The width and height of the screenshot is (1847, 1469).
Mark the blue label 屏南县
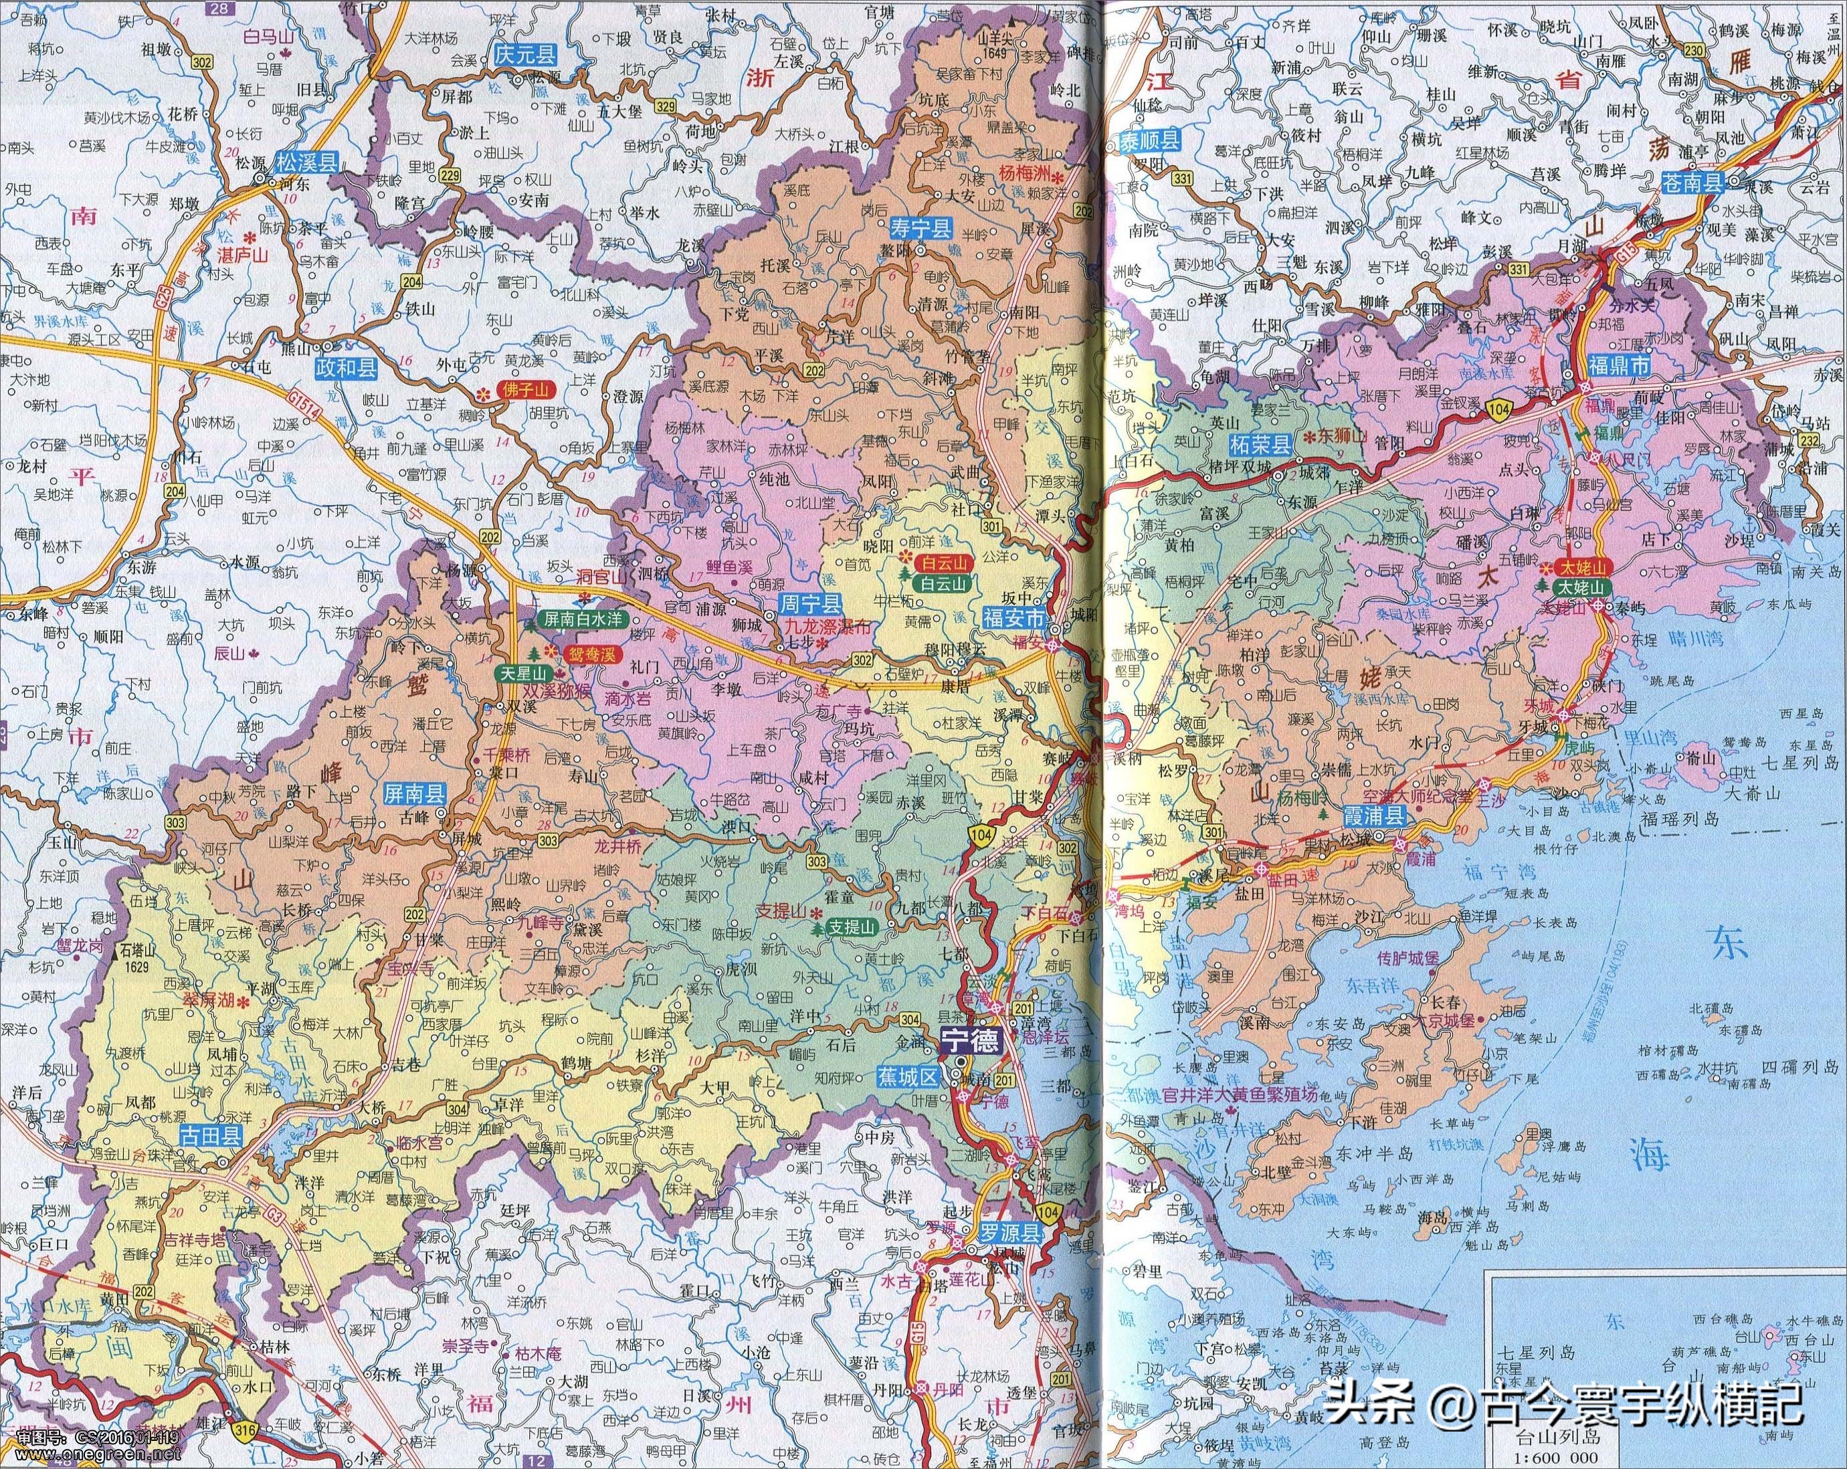coord(412,816)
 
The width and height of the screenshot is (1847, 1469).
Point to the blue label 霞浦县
coord(1373,817)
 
